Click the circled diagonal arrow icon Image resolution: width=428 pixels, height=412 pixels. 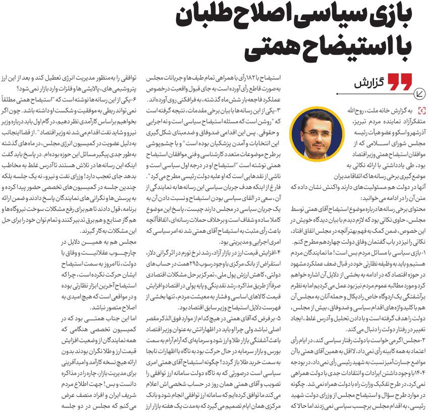pos(418,93)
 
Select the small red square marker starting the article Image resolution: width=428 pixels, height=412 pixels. pos(422,110)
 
